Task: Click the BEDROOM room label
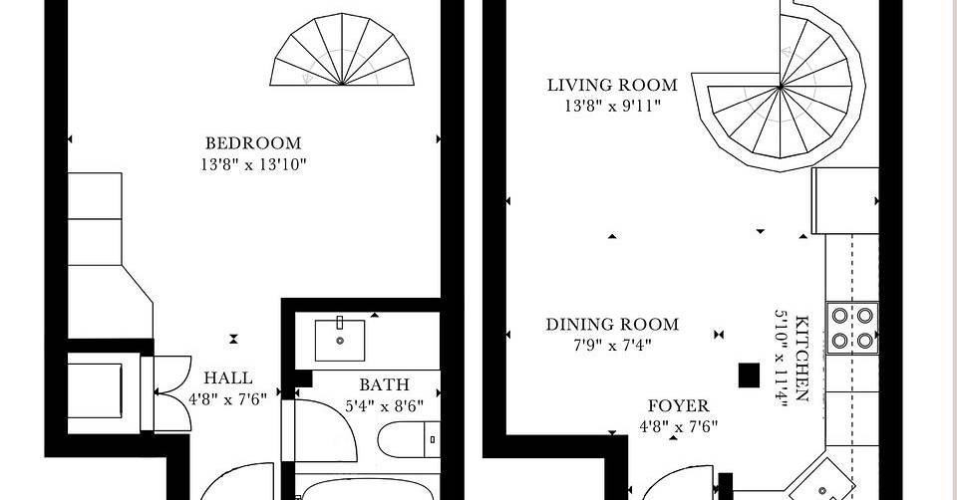click(253, 143)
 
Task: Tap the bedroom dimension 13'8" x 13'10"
click(253, 164)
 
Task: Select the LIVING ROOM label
click(612, 85)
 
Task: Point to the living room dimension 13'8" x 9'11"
click(612, 107)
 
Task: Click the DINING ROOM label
click(612, 325)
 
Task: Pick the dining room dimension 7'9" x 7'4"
click(612, 346)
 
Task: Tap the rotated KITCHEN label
click(802, 359)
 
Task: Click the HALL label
click(228, 378)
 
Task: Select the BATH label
click(384, 384)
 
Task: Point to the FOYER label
click(679, 406)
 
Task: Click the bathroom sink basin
click(340, 341)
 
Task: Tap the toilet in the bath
click(409, 439)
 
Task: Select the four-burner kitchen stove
click(852, 328)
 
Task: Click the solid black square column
click(749, 375)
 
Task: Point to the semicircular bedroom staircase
click(342, 50)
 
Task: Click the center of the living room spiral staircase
click(780, 88)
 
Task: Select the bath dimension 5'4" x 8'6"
click(384, 406)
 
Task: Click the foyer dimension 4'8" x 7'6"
click(679, 427)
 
